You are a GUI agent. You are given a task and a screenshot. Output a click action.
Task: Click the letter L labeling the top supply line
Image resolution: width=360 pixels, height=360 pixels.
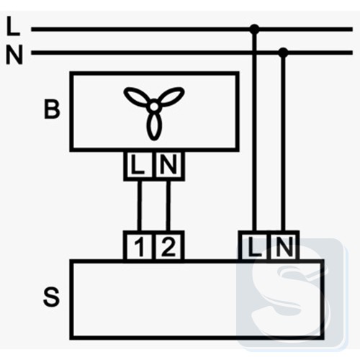(x=13, y=26)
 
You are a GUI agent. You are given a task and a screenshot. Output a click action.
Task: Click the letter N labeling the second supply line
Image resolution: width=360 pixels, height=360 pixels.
(x=14, y=55)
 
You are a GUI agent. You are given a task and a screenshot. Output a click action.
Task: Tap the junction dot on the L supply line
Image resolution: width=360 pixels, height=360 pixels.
(x=254, y=30)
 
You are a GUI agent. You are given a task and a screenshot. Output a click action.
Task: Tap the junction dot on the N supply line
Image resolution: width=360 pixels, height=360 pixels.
(x=284, y=53)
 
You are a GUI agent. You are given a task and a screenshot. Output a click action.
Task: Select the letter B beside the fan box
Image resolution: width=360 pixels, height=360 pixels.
(x=52, y=109)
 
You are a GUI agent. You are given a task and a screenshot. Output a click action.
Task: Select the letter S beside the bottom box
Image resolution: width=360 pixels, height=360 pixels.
(x=51, y=297)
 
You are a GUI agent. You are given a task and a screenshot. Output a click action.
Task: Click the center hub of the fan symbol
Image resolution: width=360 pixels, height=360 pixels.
(x=154, y=106)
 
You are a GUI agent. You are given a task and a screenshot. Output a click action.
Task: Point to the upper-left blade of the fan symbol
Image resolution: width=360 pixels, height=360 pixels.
(x=137, y=96)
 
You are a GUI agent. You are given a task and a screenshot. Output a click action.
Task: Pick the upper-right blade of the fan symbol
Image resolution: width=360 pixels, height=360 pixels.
(x=171, y=96)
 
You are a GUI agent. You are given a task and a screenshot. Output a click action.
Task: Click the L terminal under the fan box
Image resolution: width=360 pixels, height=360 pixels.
(x=138, y=166)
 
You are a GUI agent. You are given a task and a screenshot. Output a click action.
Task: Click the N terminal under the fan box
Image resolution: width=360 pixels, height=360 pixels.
(x=169, y=166)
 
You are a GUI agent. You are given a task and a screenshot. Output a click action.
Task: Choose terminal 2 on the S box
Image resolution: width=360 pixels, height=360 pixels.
(x=169, y=246)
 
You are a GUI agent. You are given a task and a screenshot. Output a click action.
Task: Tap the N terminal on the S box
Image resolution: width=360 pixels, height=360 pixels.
(x=284, y=246)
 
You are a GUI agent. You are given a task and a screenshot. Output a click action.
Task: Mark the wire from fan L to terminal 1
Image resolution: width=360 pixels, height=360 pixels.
(x=139, y=206)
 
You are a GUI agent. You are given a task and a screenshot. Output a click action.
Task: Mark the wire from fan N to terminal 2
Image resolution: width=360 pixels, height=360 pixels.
(x=168, y=206)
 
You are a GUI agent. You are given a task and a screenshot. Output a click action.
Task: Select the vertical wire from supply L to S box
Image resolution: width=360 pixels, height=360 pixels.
(x=254, y=130)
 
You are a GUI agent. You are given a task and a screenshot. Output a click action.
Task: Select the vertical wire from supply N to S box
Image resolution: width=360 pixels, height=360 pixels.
(x=284, y=142)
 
